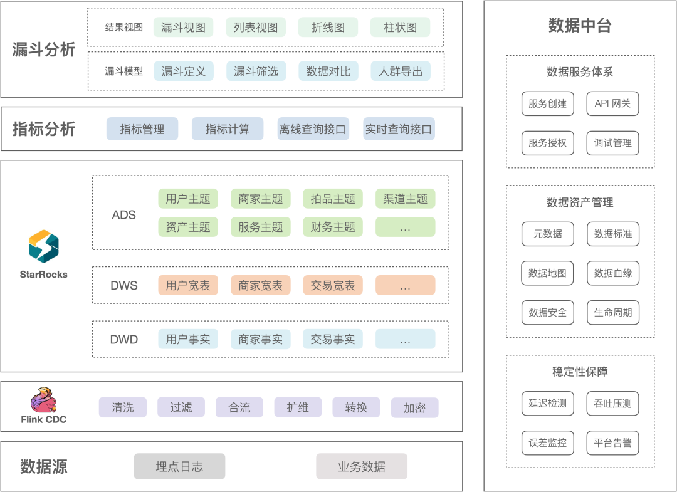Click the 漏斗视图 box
(x=183, y=28)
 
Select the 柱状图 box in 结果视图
(x=401, y=28)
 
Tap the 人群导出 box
(x=401, y=71)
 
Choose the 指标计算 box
(x=228, y=129)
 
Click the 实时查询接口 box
(x=399, y=129)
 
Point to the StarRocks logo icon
(x=44, y=246)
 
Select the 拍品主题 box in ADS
(x=333, y=199)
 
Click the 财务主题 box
(x=333, y=227)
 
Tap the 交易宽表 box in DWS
(x=333, y=286)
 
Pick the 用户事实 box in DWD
(x=188, y=340)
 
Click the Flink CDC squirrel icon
(x=44, y=400)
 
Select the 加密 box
(x=414, y=407)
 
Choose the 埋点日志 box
(x=179, y=466)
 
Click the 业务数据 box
(x=362, y=466)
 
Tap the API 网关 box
(x=612, y=103)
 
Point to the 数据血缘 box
(x=612, y=273)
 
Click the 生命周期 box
(x=612, y=312)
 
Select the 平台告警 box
(x=612, y=442)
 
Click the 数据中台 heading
(x=580, y=26)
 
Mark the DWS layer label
(x=124, y=286)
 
